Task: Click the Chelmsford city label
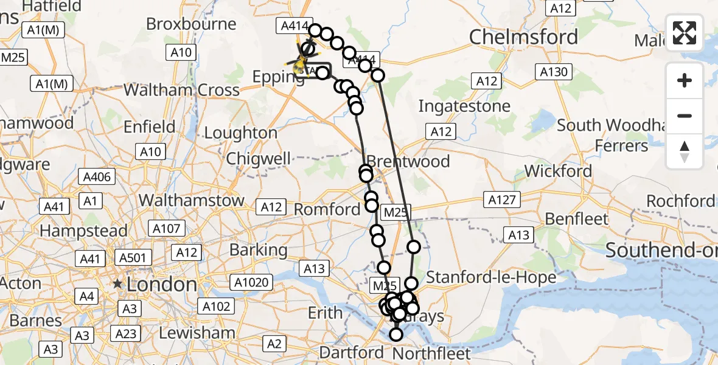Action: pyautogui.click(x=523, y=37)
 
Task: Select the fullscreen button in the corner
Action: pyautogui.click(x=685, y=32)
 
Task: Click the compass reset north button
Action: pyautogui.click(x=685, y=151)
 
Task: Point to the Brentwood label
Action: pyautogui.click(x=409, y=162)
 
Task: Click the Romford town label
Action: pyautogui.click(x=327, y=210)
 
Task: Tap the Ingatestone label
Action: pyautogui.click(x=464, y=106)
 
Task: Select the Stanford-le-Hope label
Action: pyautogui.click(x=491, y=277)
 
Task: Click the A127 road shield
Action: pyautogui.click(x=501, y=200)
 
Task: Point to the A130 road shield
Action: pyautogui.click(x=554, y=72)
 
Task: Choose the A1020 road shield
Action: pyautogui.click(x=251, y=281)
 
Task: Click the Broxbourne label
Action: pyautogui.click(x=191, y=24)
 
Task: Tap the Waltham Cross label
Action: pyautogui.click(x=181, y=90)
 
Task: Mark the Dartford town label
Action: pyautogui.click(x=352, y=352)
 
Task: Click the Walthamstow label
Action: pyautogui.click(x=192, y=200)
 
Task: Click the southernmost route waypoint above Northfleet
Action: pyautogui.click(x=396, y=334)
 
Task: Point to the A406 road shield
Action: pyautogui.click(x=95, y=177)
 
